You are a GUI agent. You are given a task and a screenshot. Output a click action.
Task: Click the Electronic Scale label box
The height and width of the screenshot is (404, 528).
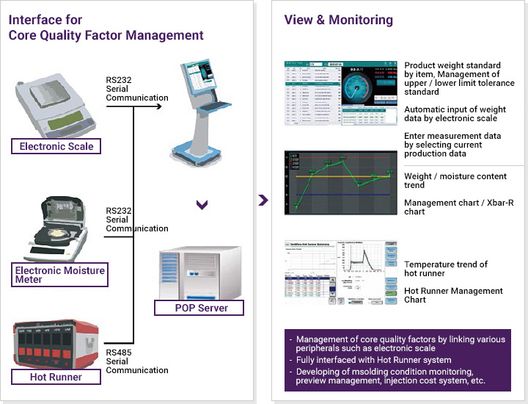point(56,146)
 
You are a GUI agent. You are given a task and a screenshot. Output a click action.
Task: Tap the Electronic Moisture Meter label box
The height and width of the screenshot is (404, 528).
point(59,275)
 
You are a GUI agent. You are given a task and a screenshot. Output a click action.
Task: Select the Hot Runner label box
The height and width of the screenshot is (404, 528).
point(56,378)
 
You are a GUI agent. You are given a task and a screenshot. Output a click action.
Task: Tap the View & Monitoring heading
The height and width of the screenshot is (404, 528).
point(339,21)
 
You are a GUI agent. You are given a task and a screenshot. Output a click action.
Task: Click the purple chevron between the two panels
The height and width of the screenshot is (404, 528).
point(264,201)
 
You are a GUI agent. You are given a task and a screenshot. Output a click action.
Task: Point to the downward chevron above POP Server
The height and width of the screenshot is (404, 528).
point(202,205)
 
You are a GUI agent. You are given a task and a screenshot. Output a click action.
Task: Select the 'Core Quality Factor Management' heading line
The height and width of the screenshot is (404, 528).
point(106,35)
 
